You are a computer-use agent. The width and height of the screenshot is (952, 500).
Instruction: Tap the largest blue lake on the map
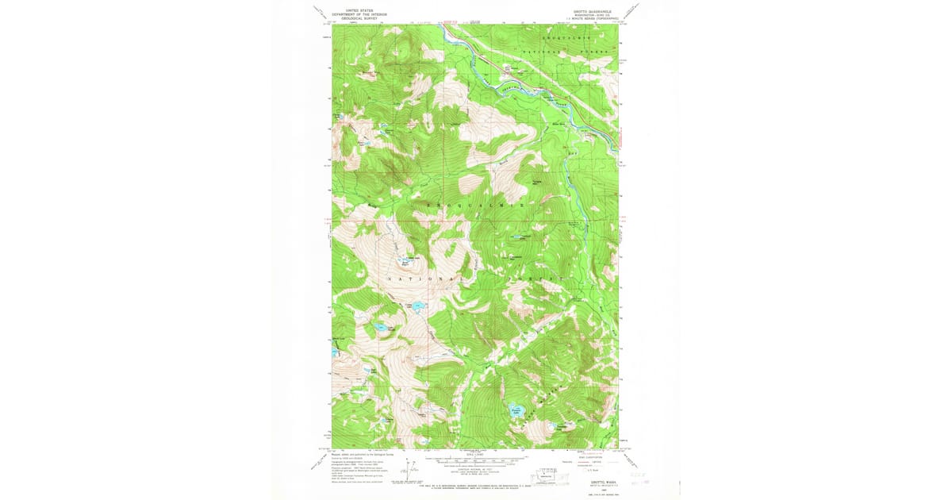click(516, 411)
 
